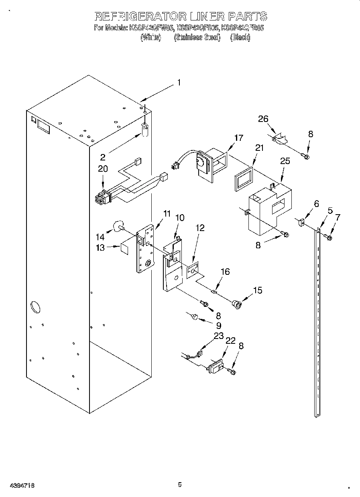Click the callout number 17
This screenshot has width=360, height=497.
tap(238, 138)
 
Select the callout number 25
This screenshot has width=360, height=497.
tap(285, 161)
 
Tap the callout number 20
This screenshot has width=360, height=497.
tap(103, 169)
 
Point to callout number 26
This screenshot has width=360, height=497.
tap(263, 119)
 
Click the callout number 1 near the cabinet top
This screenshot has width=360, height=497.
tap(179, 83)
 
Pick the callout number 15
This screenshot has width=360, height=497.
tap(258, 290)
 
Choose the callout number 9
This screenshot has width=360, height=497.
tap(218, 325)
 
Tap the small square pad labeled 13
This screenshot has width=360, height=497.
tap(124, 248)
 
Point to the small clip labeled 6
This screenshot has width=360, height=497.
tap(302, 221)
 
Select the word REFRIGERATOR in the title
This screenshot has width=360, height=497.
tap(140, 16)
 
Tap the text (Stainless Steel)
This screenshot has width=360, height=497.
tap(197, 38)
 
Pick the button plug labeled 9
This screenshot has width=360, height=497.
tap(195, 317)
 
